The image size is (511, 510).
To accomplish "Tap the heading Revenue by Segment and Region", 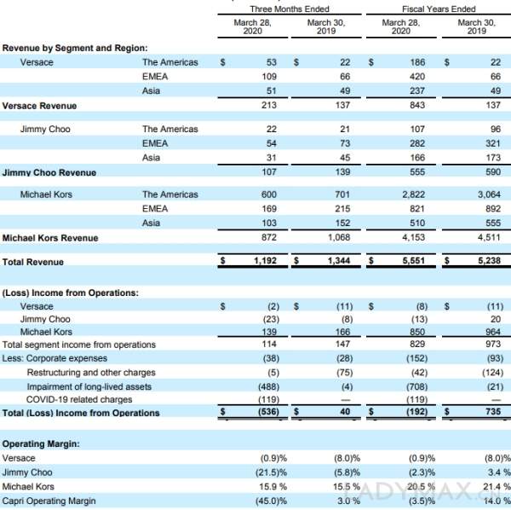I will point(75,48).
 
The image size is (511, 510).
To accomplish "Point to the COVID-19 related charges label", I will point(79,399).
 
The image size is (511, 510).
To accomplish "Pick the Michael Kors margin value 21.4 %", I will point(469,486).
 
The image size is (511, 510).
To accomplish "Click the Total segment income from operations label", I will point(78,344).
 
